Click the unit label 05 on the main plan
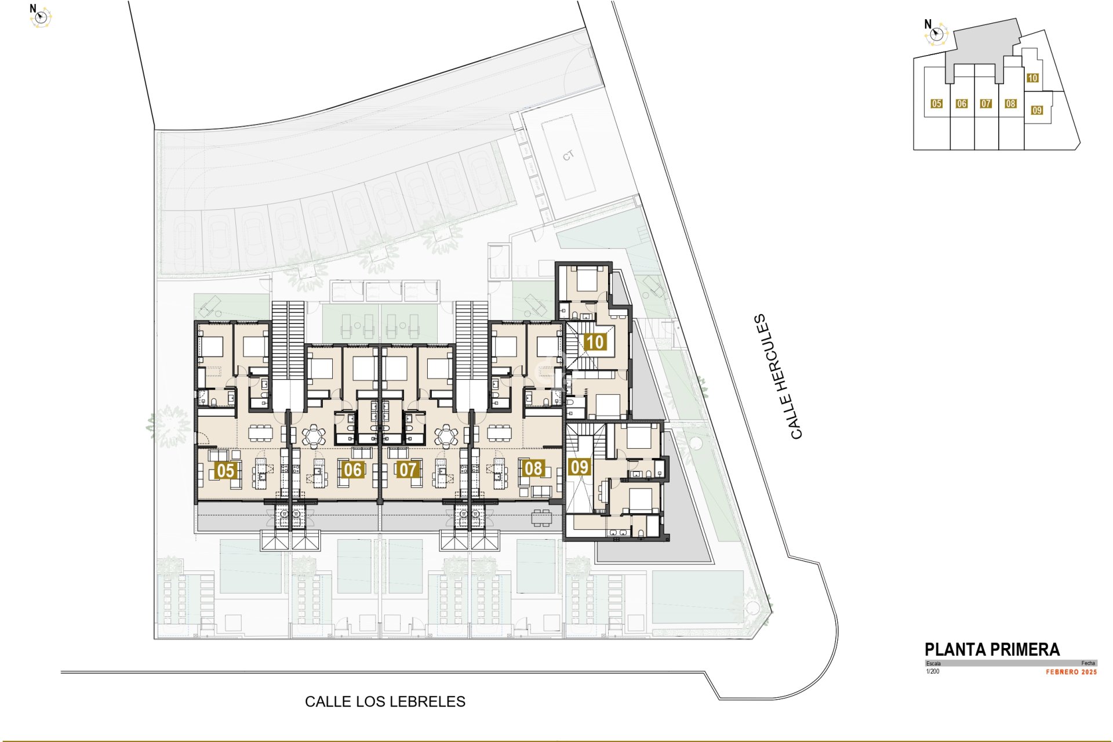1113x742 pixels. [225, 470]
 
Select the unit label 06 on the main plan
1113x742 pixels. [352, 470]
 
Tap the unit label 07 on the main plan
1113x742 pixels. [408, 470]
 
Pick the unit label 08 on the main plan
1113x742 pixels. [533, 468]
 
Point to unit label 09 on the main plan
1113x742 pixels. [579, 467]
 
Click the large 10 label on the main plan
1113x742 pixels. [595, 342]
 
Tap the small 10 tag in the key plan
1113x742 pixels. [1032, 78]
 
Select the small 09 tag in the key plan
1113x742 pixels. [1037, 110]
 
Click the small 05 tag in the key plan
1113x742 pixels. [936, 104]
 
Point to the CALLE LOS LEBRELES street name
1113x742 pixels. [385, 702]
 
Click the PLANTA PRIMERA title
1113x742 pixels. [992, 650]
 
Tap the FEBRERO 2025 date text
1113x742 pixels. [1071, 672]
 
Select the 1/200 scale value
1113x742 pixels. [933, 672]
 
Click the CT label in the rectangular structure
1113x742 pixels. [568, 155]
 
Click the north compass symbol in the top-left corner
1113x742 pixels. [41, 17]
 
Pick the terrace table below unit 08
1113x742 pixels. [541, 518]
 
